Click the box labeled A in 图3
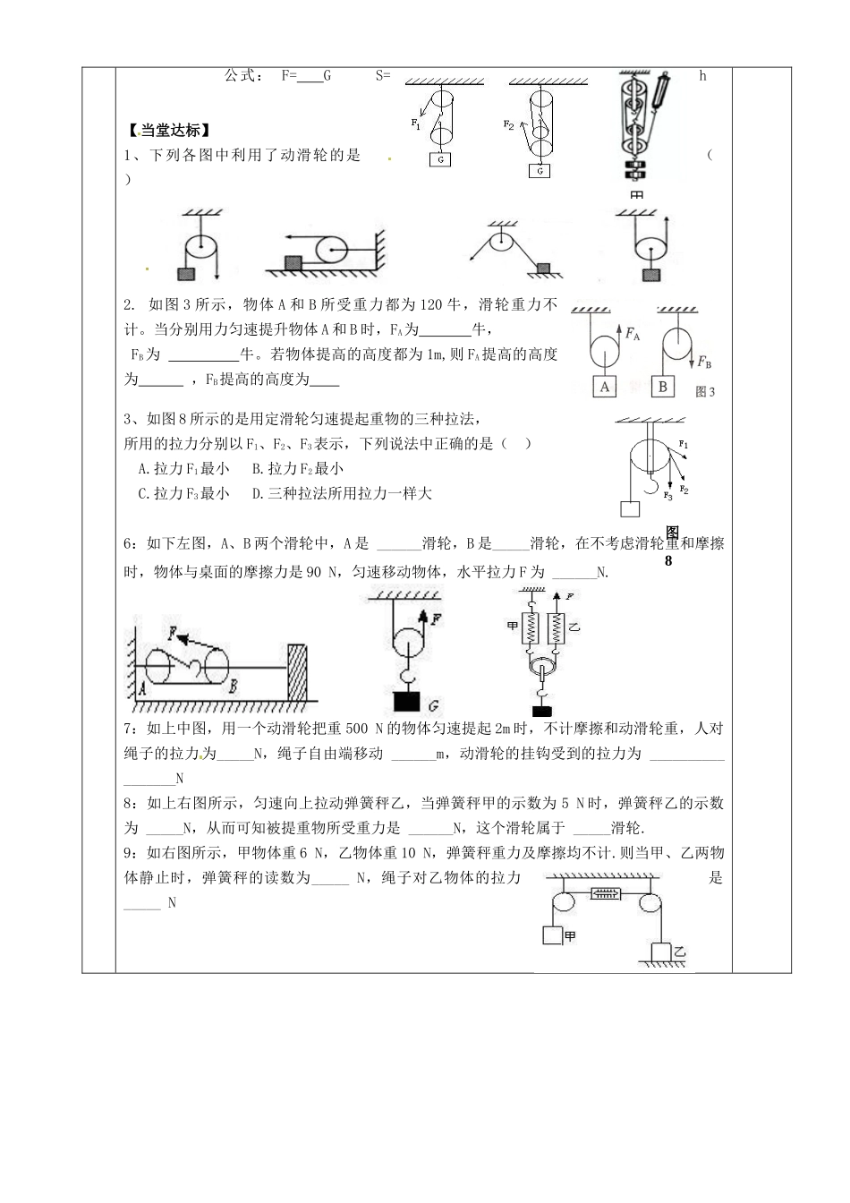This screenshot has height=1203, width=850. pos(606,387)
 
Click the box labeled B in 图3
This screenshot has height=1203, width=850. pos(663,387)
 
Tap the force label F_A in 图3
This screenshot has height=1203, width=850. pos(633,334)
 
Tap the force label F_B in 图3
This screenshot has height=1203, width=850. pos(704,363)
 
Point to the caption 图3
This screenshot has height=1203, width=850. pos(705,391)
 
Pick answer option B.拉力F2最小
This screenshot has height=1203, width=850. pos(298,468)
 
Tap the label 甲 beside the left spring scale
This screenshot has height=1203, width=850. pos(513,626)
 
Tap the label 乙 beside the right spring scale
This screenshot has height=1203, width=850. pos(574,627)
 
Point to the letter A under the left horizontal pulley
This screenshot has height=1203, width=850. pos(143,688)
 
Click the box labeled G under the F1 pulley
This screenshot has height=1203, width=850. pos(440,159)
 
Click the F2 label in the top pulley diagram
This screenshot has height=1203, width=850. pos(508,124)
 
